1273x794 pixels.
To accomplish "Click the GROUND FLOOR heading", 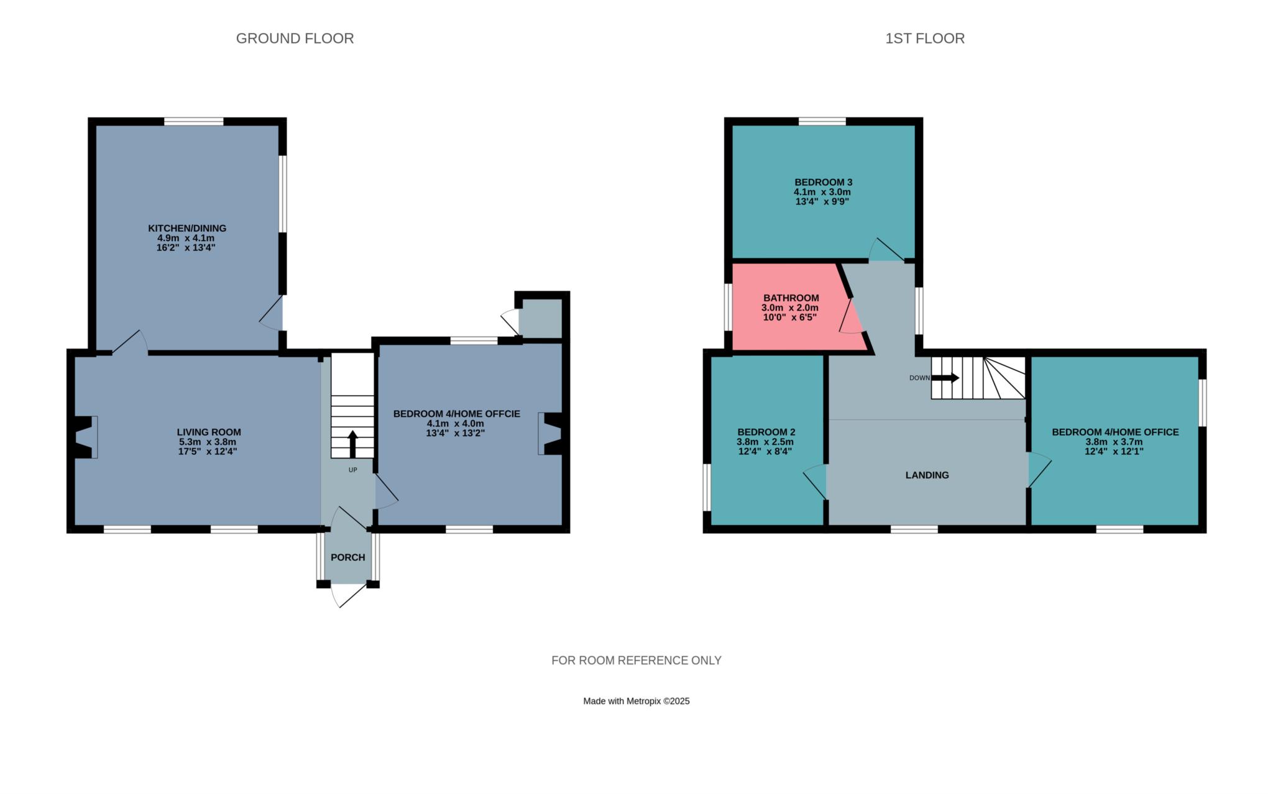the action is coord(295,39).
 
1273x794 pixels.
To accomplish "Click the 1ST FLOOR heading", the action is coord(925,39).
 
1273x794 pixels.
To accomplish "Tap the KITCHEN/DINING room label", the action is coord(187,228).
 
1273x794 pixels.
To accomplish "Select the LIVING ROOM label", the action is coord(209,432).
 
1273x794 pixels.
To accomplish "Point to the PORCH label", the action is coord(348,557).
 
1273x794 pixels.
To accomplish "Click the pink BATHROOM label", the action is coord(791,298).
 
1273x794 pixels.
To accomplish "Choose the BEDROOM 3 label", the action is coord(824,182).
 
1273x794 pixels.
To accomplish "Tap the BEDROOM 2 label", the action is coord(766,432).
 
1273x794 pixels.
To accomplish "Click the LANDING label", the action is coord(927,475).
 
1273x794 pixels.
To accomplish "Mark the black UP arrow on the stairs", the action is coord(352,444).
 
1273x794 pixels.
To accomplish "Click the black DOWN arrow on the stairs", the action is coord(945,378).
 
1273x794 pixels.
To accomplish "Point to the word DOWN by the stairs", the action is coord(919,378).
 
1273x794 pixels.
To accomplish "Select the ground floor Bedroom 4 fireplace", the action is coord(550,434).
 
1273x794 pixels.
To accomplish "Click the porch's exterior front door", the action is coord(348,595).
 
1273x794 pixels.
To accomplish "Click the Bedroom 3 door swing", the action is coord(886,250).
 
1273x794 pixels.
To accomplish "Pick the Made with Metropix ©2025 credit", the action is coord(636,701).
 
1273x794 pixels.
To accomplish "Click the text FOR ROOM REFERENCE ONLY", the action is coord(636,660).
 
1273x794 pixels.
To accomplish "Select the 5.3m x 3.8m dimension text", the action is coord(208,442).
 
